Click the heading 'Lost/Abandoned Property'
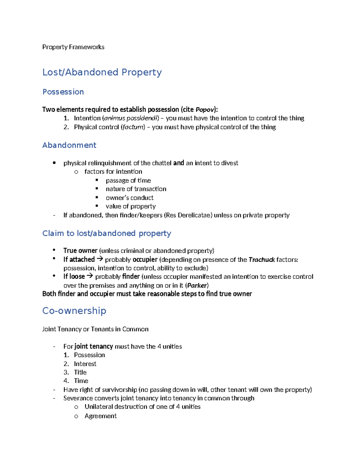tap(102, 72)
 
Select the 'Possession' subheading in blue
tap(63, 92)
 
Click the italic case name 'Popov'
tap(205, 110)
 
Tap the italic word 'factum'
tap(133, 127)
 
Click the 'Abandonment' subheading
tap(69, 145)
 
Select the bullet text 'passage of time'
tap(128, 180)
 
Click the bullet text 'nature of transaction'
tap(136, 189)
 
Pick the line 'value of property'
tap(130, 206)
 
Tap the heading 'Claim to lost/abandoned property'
tap(106, 233)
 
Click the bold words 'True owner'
tap(80, 251)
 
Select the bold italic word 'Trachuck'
tap(262, 260)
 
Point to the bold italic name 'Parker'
tap(197, 285)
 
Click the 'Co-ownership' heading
tap(74, 311)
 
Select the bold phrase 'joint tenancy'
tap(94, 347)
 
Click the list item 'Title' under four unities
tap(80, 372)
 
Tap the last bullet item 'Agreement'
tap(100, 416)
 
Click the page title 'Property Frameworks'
tap(73, 47)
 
